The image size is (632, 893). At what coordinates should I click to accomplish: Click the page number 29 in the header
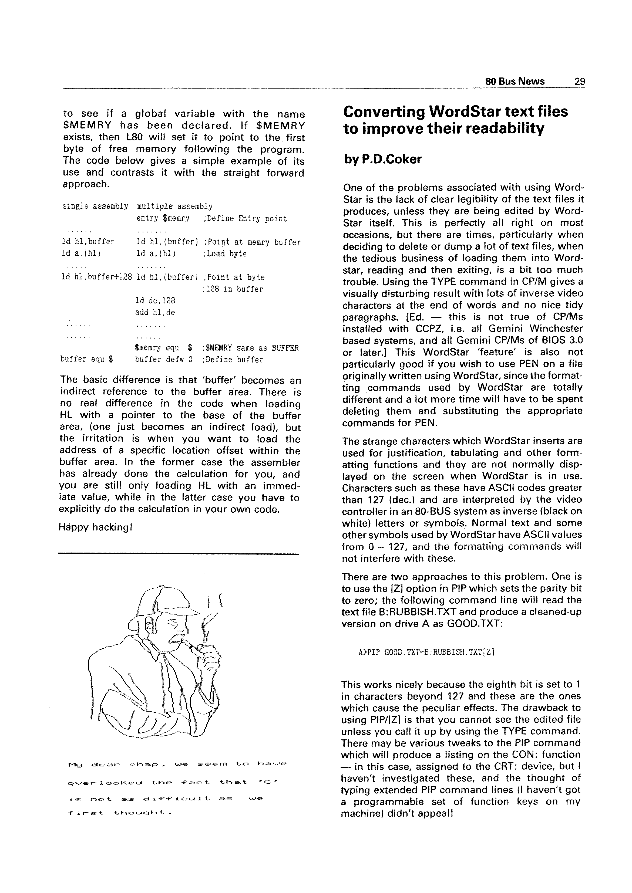pos(579,82)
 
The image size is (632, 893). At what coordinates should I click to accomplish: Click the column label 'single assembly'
pos(95,206)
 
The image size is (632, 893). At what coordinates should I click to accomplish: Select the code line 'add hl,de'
pos(155,312)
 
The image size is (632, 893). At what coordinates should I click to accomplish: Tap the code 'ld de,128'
pos(155,301)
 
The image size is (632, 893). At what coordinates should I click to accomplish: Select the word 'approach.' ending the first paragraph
pos(86,184)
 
